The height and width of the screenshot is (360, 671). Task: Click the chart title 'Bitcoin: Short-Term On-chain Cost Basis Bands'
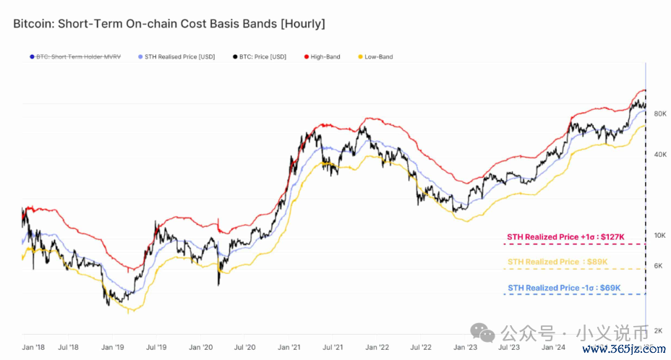click(168, 24)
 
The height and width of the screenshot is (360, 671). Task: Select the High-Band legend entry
click(326, 56)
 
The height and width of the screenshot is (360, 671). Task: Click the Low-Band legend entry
click(378, 56)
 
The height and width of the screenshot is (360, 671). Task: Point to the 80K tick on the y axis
click(659, 114)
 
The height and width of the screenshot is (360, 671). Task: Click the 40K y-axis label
click(659, 155)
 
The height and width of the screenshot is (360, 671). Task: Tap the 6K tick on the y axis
click(658, 266)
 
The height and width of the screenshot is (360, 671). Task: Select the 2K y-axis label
click(658, 330)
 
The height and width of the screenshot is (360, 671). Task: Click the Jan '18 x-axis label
click(33, 348)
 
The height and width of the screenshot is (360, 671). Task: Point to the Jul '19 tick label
click(157, 348)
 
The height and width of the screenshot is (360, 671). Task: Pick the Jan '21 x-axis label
click(289, 348)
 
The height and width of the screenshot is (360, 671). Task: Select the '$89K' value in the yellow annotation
click(597, 262)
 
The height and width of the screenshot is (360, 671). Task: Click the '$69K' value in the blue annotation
click(609, 288)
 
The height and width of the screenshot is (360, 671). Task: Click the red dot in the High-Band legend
click(307, 56)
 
